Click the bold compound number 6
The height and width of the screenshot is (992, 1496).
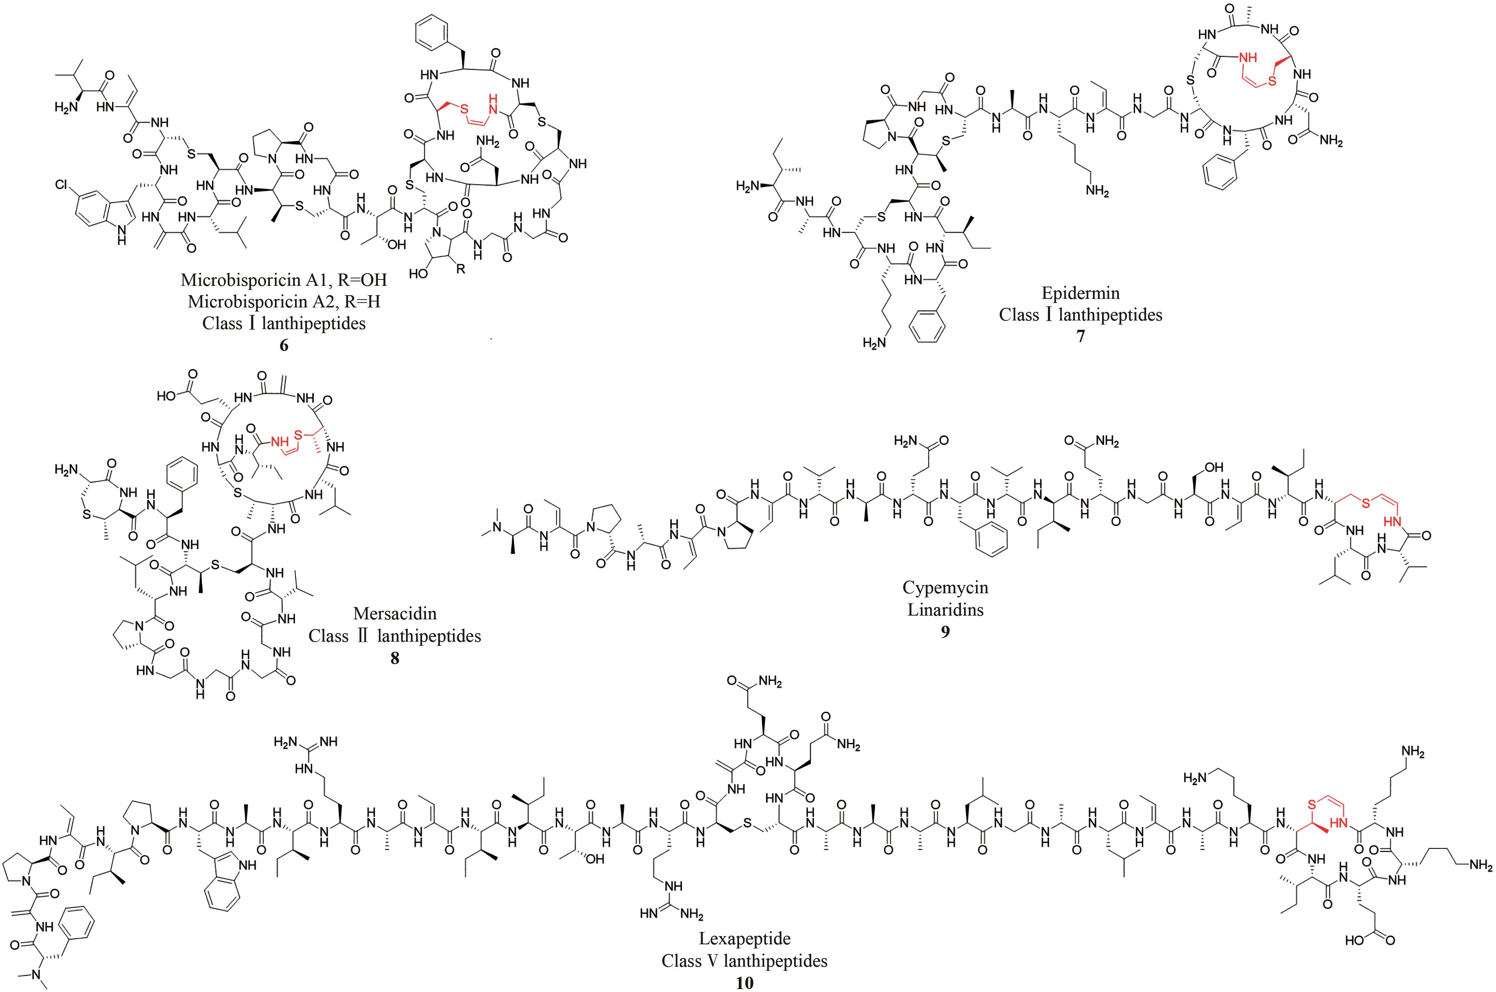(x=284, y=345)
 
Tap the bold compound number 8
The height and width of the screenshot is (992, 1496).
(x=394, y=658)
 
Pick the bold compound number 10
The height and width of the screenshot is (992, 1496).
(x=744, y=983)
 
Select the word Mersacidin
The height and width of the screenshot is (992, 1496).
(x=394, y=613)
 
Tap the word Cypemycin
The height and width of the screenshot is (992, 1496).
(x=945, y=587)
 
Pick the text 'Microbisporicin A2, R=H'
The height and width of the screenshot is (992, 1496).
(x=284, y=301)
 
